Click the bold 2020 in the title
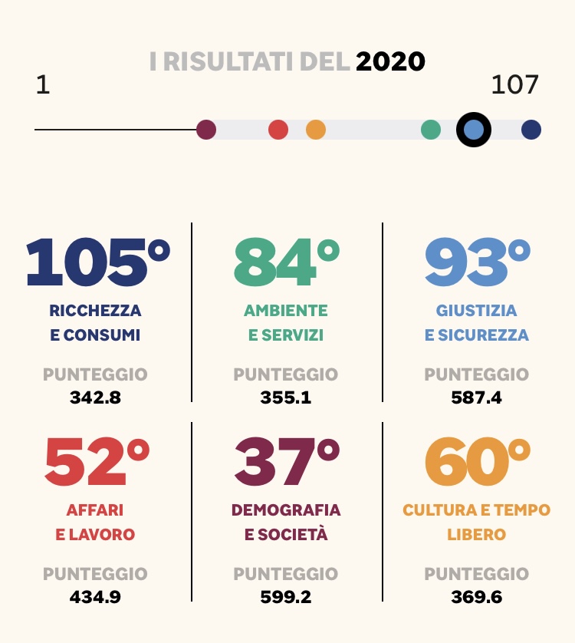coord(390,61)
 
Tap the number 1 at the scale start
coord(43,84)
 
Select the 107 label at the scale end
coord(514,84)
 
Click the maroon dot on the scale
coord(206,130)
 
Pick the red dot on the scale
coord(278,130)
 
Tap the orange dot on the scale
coord(316,130)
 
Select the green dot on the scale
coord(431,130)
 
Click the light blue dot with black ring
coord(474,130)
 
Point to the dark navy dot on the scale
coord(531,130)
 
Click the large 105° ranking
coord(97,262)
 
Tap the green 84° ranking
coord(286,262)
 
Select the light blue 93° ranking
coord(477,262)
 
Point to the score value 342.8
coord(95,397)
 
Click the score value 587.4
coord(477,397)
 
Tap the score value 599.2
coord(286,596)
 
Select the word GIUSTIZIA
coord(477,311)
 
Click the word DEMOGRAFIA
coord(286,510)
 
